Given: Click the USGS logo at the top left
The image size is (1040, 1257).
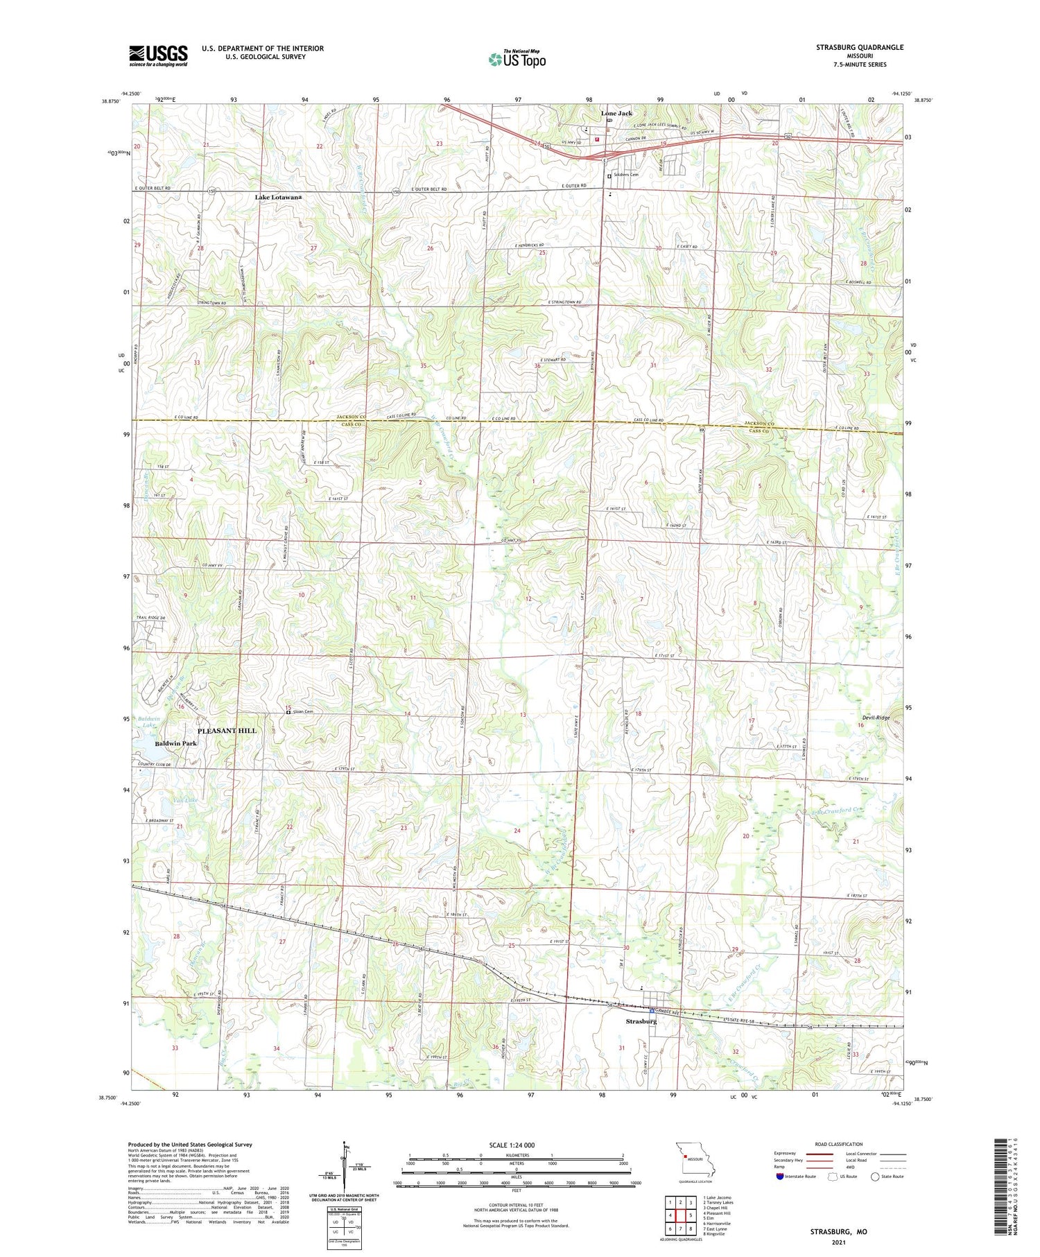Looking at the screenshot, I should point(158,55).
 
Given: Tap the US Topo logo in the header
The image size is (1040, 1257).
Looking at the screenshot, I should point(517,60).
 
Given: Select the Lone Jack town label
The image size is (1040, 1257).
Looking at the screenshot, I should point(616,113).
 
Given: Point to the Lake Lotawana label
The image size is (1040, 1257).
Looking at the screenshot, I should point(278,198).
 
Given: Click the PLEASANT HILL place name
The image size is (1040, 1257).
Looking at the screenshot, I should point(227,731).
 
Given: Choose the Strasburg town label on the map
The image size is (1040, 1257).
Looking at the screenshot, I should point(641,1021).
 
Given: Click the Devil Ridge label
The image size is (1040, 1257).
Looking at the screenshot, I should point(874,718).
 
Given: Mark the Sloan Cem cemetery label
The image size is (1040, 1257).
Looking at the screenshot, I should point(303,711).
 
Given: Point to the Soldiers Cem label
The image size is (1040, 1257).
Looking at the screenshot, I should point(626,175).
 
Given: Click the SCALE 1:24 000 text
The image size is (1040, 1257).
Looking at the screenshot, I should point(514,1145).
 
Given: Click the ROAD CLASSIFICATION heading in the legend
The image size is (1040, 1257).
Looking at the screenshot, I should point(839,1144).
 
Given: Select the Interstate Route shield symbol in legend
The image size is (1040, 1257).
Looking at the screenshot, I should point(780,1177).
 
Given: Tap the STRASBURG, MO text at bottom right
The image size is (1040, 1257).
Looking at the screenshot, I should point(838,1232).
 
